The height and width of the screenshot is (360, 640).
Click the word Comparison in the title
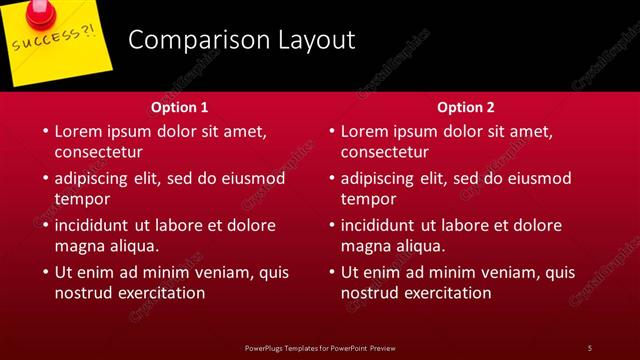click(x=189, y=41)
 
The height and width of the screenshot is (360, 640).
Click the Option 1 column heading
click(x=180, y=107)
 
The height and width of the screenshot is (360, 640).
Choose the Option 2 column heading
click(x=466, y=107)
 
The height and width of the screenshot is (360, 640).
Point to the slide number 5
click(x=590, y=347)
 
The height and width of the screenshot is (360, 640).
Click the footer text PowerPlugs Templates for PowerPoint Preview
click(x=320, y=347)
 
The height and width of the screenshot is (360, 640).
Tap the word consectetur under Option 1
click(x=98, y=153)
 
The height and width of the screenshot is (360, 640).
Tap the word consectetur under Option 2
click(x=384, y=153)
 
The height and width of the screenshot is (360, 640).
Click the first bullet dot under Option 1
click(x=45, y=132)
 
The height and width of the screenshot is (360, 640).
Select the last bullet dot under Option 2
click(x=331, y=272)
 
